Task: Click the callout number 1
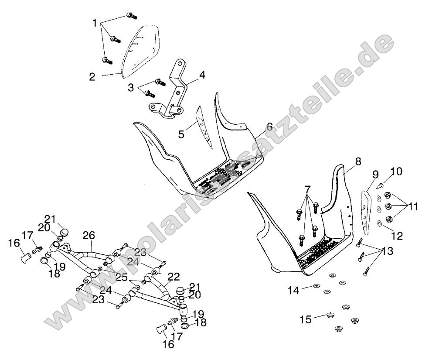pos(95,22)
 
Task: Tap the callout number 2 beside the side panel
pos(92,77)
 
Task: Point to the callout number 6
pos(269,127)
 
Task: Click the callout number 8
pos(358,162)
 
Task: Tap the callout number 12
pos(397,236)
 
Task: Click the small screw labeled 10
pos(379,187)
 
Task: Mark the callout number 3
pos(131,88)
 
